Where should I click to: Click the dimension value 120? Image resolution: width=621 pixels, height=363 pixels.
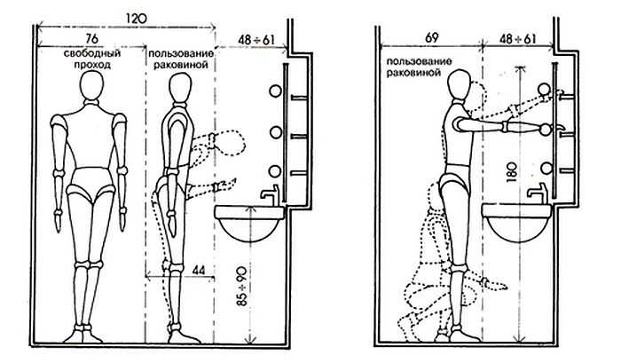[x=137, y=19]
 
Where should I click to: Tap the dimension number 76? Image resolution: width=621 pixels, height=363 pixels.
[x=91, y=38]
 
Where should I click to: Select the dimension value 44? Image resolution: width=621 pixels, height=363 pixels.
[x=199, y=271]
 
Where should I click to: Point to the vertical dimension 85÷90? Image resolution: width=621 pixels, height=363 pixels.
[x=241, y=287]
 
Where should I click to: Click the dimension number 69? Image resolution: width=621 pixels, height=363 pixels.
[x=432, y=38]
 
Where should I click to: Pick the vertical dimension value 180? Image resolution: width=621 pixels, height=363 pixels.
[x=512, y=171]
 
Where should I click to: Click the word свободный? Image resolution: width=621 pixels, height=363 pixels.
[x=92, y=53]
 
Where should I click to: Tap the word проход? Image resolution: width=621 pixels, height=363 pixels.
[x=92, y=64]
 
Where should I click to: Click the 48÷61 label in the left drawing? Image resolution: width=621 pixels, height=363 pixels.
[x=256, y=40]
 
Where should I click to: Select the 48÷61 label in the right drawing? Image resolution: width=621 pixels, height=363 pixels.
[x=517, y=39]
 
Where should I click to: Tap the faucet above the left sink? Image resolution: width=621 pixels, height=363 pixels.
[x=271, y=193]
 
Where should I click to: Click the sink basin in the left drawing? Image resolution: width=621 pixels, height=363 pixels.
[x=249, y=223]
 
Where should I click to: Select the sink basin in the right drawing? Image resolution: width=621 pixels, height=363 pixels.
[x=516, y=222]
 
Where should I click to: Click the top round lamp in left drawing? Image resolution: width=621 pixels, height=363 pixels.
[x=275, y=91]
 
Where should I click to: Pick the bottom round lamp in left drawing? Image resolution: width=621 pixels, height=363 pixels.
[x=275, y=171]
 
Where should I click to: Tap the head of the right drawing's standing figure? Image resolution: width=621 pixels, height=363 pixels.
[x=460, y=84]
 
